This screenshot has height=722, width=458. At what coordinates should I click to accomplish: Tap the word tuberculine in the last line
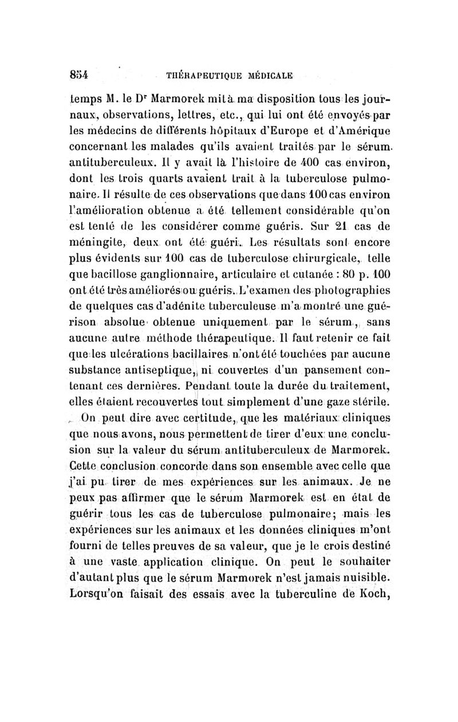coord(317,586)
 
